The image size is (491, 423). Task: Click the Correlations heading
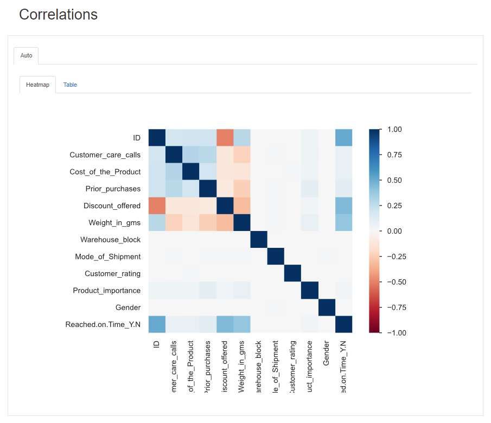[58, 15]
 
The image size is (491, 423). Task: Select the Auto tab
[26, 55]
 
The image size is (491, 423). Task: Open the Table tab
[70, 85]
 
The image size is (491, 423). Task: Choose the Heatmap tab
[37, 85]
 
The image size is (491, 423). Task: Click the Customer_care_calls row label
[105, 155]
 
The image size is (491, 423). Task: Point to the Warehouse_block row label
[110, 240]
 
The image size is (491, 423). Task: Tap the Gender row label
[128, 307]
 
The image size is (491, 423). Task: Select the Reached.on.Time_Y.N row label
[103, 324]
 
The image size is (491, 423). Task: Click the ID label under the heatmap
[157, 343]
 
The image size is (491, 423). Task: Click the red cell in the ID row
[225, 138]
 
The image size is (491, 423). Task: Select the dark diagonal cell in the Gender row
[327, 307]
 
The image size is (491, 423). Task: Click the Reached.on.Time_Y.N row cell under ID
[157, 324]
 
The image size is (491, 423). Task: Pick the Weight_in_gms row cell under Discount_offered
[225, 222]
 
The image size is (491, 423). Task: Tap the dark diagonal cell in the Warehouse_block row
[259, 240]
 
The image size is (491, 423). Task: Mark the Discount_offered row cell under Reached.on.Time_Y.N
[343, 206]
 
